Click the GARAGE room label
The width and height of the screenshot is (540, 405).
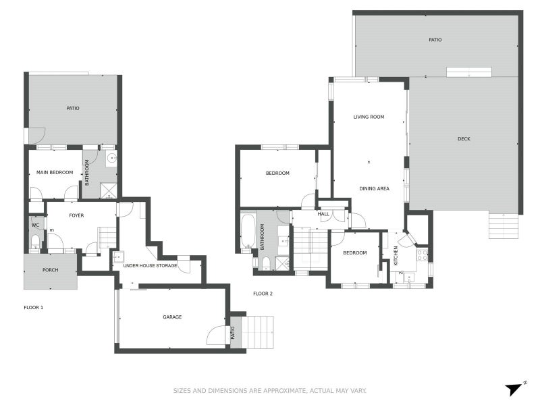pyautogui.click(x=172, y=317)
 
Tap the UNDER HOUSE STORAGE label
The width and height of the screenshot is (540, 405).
pyautogui.click(x=150, y=266)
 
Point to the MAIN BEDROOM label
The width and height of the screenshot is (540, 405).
pyautogui.click(x=55, y=173)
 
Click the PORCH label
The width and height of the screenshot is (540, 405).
pyautogui.click(x=50, y=270)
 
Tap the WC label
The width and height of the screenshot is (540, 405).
pyautogui.click(x=35, y=225)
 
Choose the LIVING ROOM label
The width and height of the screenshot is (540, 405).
pyautogui.click(x=369, y=117)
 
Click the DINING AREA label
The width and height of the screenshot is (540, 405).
pyautogui.click(x=374, y=188)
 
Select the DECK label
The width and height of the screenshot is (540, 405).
pyautogui.click(x=464, y=139)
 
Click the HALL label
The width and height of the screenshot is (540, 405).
pyautogui.click(x=323, y=214)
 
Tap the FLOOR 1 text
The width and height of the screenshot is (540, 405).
pyautogui.click(x=34, y=308)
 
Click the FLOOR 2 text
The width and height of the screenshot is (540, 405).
pyautogui.click(x=263, y=294)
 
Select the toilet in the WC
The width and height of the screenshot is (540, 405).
pyautogui.click(x=35, y=241)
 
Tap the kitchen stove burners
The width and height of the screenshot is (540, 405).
pyautogui.click(x=421, y=255)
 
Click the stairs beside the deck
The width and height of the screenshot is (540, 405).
pyautogui.click(x=504, y=226)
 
